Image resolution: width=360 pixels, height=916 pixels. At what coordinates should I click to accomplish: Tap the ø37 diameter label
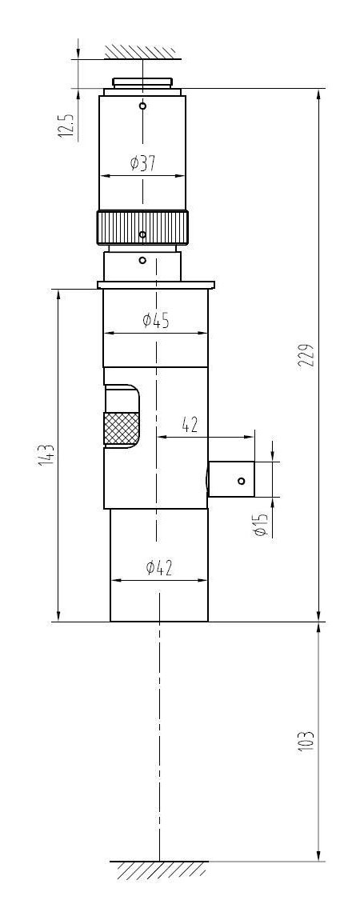pos(143,163)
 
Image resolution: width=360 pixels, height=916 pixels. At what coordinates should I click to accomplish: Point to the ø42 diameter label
pos(159,567)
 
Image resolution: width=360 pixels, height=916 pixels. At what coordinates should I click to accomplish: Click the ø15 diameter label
pos(262,524)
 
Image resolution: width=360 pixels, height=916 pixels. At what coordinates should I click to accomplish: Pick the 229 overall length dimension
pos(308,356)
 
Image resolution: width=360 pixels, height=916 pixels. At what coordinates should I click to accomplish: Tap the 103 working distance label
pos(308,741)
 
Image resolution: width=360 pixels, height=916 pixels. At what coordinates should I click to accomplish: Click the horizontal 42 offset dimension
pos(190,425)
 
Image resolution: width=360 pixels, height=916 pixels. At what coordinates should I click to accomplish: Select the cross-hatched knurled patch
pos(121,428)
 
